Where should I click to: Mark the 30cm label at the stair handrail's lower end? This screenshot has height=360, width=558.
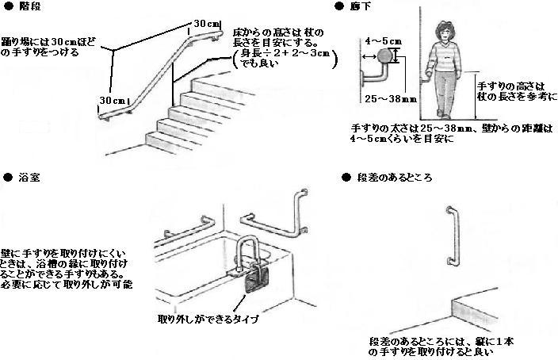[x=111, y=101]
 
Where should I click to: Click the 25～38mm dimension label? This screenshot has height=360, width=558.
[x=379, y=99]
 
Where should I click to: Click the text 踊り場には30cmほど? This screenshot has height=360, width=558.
[x=40, y=40]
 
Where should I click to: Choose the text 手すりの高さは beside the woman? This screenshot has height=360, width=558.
[x=504, y=83]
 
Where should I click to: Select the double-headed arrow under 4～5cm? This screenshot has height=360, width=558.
[x=369, y=57]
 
